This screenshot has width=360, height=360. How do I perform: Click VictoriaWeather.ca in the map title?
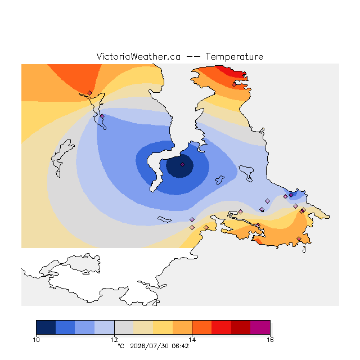pos(138,56)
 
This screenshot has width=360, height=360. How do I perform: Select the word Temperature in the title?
pos(234,56)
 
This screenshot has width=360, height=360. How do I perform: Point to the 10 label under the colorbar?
pos(36,340)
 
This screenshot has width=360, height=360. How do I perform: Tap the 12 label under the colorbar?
pos(114,340)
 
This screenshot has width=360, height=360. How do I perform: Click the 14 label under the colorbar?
pos(192,340)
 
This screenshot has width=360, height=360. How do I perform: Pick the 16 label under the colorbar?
pos(270,340)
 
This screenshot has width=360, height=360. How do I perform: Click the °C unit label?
pos(121,346)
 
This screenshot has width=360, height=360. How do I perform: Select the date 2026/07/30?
pos(149,346)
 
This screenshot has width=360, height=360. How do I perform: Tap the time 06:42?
pos(180,346)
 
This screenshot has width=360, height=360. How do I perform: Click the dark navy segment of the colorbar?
pos(46,327)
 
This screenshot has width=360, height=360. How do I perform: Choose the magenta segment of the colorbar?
pos(260,327)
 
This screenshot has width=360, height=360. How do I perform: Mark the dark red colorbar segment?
pos(241,327)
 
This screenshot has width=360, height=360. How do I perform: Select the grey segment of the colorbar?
pos(124,327)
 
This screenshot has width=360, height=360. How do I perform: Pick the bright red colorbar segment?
pos(221,327)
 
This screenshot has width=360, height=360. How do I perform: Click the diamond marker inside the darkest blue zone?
pos(182,164)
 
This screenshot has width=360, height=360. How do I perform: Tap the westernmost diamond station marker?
pos(89,93)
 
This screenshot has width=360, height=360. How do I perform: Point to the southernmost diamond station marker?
pos(299,238)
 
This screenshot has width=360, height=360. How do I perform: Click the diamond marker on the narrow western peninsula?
pos(102,116)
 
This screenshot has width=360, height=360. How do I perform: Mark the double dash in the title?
pos(193,57)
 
